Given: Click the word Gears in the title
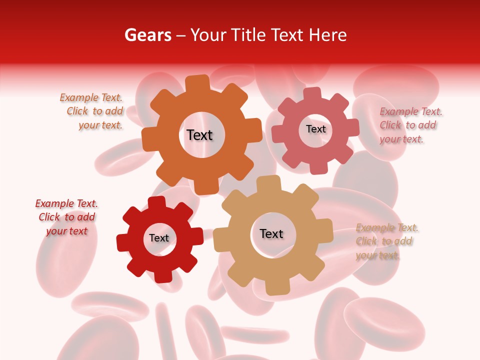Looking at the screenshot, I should [147, 35].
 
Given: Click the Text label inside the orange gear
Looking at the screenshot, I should [199, 135].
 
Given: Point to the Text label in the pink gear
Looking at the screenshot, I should [316, 129].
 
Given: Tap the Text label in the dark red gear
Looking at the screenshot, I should [159, 238].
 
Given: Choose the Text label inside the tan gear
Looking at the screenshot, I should [271, 233].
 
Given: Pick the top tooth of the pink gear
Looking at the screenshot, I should [312, 94].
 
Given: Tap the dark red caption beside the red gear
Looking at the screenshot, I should [66, 217].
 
